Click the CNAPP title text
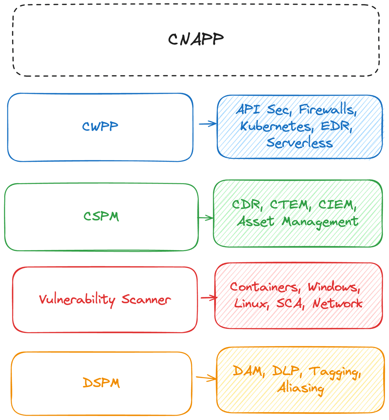click(x=196, y=39)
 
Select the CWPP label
click(x=100, y=127)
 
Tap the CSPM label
click(x=101, y=216)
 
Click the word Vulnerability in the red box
click(x=77, y=299)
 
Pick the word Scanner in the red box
click(x=146, y=299)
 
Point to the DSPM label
click(x=101, y=383)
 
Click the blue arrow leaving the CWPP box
click(x=208, y=124)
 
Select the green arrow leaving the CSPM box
click(x=206, y=218)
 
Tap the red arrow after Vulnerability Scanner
click(x=209, y=298)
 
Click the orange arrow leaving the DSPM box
click(x=206, y=378)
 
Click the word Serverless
click(x=300, y=143)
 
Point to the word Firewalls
click(x=327, y=110)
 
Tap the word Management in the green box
click(x=320, y=222)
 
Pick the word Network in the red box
click(x=337, y=304)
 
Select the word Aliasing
click(x=300, y=388)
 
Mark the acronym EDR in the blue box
click(x=336, y=126)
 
